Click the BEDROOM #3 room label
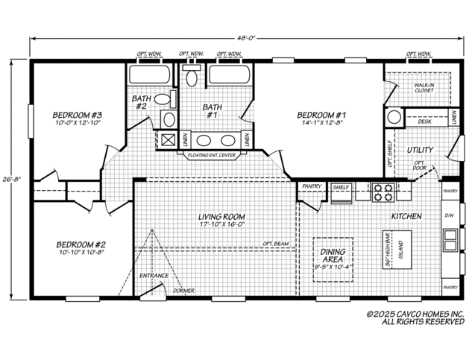[x=76, y=115]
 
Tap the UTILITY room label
[x=420, y=150]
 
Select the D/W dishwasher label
[x=448, y=216]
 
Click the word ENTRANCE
[x=154, y=275]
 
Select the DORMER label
[x=183, y=290]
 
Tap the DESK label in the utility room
[x=424, y=121]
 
